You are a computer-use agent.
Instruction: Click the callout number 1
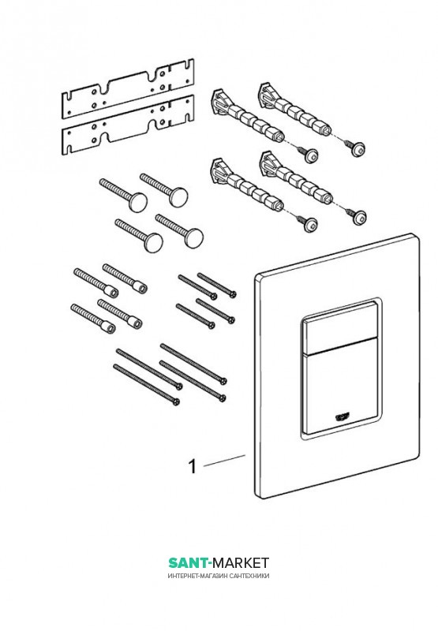(x=193, y=467)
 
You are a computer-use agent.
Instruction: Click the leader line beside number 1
(x=224, y=461)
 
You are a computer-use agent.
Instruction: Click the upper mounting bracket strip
(x=128, y=88)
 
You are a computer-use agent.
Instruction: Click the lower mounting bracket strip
(x=128, y=125)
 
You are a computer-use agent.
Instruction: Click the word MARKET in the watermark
(x=241, y=562)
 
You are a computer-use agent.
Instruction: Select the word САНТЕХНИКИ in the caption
(x=249, y=576)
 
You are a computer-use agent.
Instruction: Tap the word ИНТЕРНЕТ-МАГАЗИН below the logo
(x=197, y=576)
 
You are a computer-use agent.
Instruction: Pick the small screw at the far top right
(x=354, y=148)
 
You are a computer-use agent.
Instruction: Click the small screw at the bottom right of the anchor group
(x=355, y=215)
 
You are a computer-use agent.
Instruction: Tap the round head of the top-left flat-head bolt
(x=138, y=201)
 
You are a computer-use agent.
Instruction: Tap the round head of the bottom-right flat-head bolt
(x=193, y=237)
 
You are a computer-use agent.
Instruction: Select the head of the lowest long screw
(x=175, y=401)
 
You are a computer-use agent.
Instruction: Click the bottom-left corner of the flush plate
(x=256, y=498)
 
